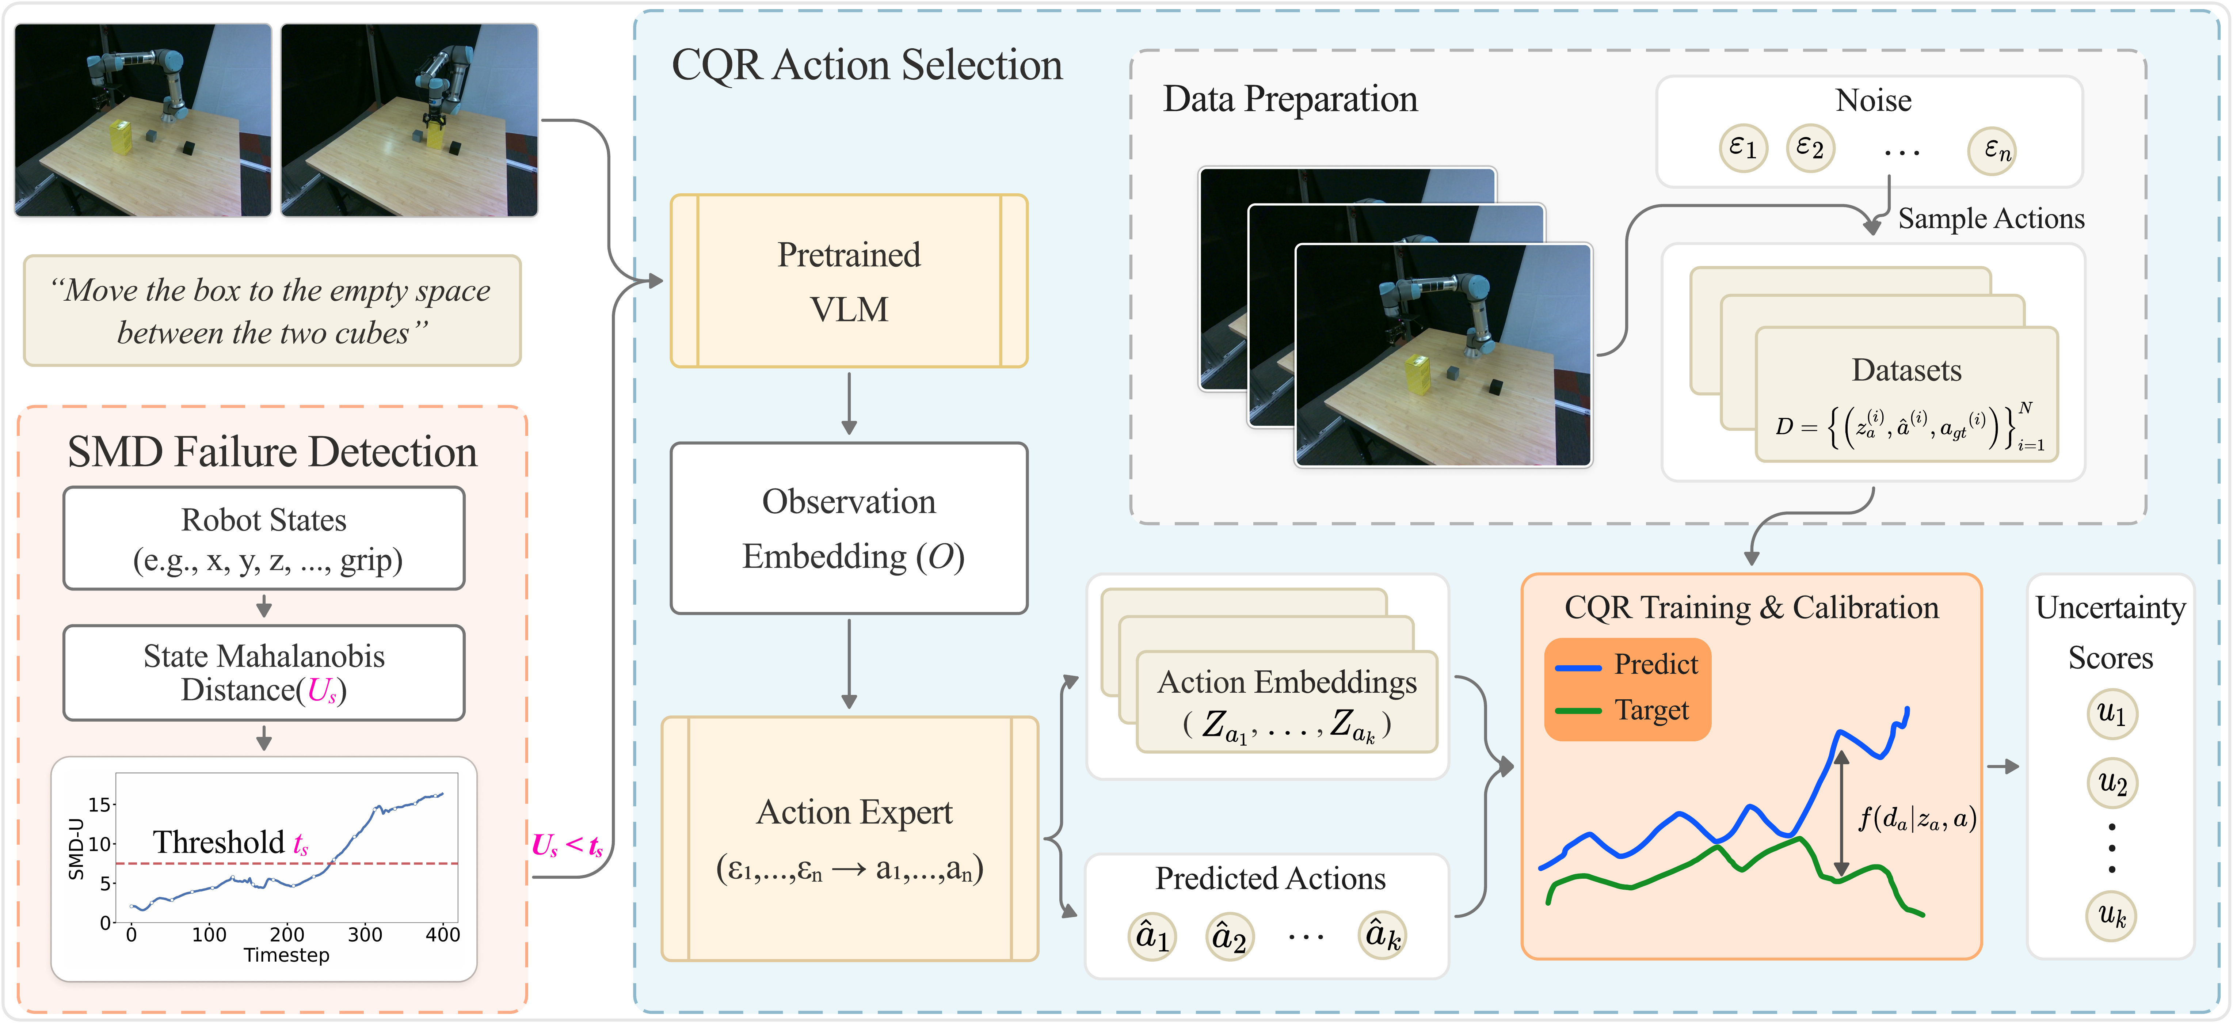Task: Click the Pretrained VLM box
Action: (x=849, y=281)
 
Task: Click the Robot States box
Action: (x=263, y=539)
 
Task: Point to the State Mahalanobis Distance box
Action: (x=263, y=673)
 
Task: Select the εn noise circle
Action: (x=1991, y=151)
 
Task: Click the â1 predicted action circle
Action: (x=1152, y=936)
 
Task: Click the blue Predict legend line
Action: (x=1578, y=668)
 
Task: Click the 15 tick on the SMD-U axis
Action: (x=100, y=805)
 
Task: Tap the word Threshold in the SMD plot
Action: (x=218, y=842)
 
